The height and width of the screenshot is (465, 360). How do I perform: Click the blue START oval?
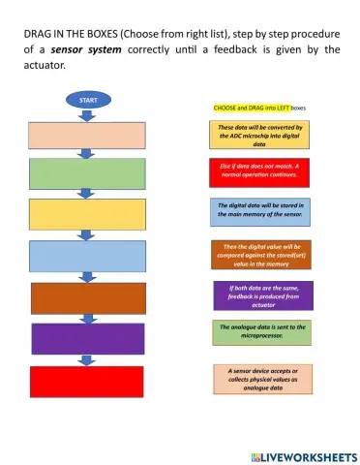coord(87,99)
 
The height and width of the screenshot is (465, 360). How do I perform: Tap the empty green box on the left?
coord(87,174)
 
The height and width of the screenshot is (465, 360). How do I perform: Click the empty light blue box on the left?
coord(87,257)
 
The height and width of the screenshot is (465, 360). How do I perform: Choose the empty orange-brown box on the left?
coord(87,297)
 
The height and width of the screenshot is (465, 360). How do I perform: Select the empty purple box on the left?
coord(87,338)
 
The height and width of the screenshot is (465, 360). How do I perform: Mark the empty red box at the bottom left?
coord(87,381)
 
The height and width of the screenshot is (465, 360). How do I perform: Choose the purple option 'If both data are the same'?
coord(264,295)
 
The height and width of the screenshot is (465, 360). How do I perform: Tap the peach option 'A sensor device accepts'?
coord(263,378)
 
